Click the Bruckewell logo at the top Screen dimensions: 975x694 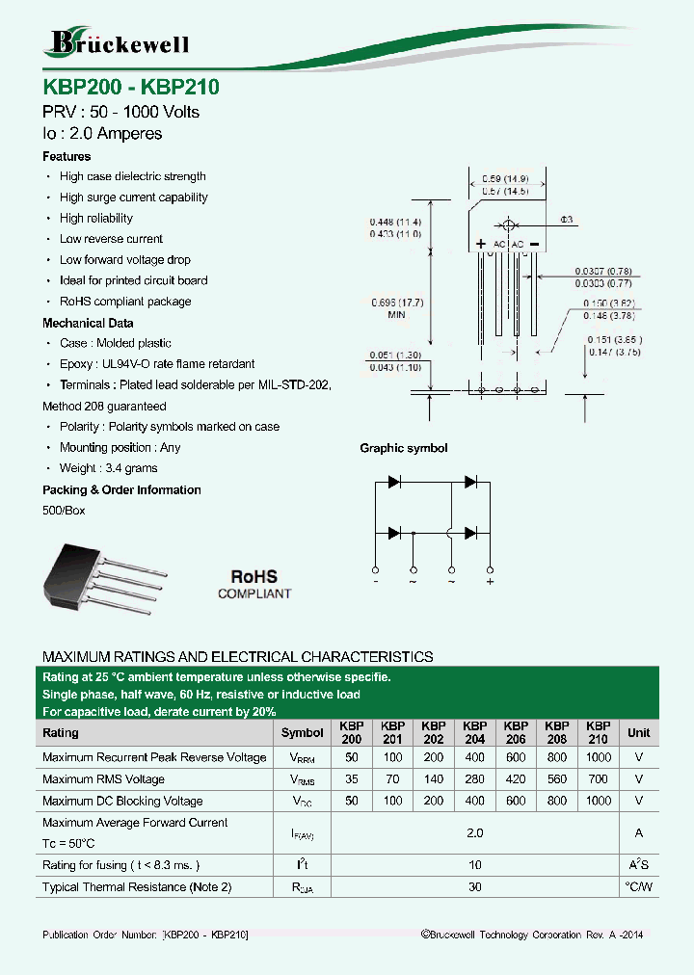pos(120,42)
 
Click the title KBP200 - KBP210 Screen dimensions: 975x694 pos(131,87)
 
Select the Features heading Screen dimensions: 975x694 pos(67,156)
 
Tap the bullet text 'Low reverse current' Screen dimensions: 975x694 pos(111,239)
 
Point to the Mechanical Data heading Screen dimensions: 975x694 pos(88,323)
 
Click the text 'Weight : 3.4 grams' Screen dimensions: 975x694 pos(108,468)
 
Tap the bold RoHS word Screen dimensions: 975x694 pos(253,576)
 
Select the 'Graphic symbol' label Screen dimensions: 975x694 pos(403,448)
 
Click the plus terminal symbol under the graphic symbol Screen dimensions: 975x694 pos(490,582)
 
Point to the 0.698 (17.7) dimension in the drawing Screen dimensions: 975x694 pos(397,303)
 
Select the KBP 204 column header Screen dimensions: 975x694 pos(474,732)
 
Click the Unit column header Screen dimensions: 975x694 pos(638,732)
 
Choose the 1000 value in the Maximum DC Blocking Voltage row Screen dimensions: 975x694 pos(598,801)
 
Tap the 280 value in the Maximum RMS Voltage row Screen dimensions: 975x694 pos(474,779)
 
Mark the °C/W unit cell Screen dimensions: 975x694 pos(638,886)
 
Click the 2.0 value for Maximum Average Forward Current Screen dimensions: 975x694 pos(474,832)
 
